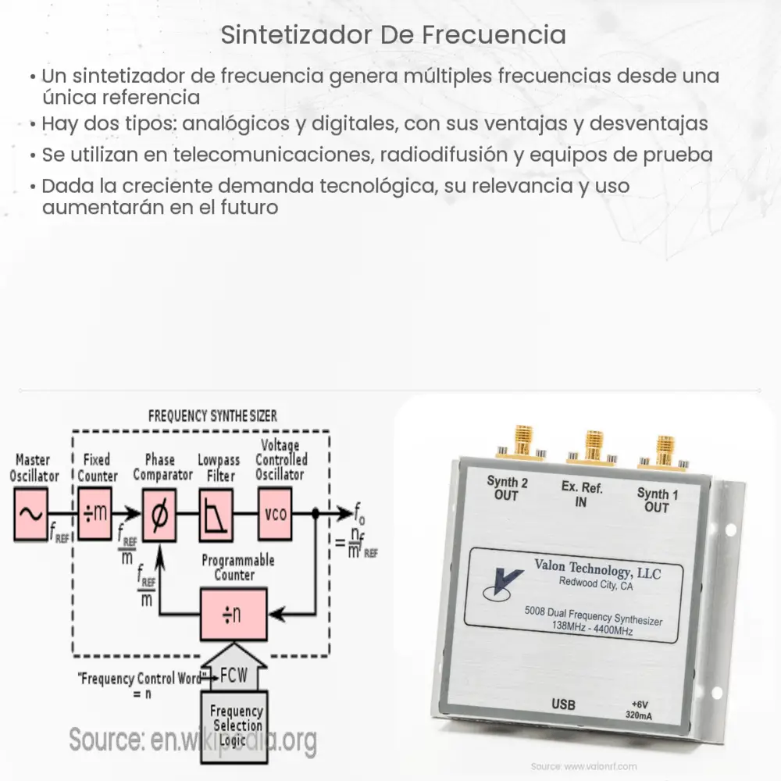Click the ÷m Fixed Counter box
pyautogui.click(x=95, y=514)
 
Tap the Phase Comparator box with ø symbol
pyautogui.click(x=159, y=514)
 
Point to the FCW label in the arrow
pyautogui.click(x=235, y=674)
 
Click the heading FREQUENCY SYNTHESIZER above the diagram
pyautogui.click(x=212, y=415)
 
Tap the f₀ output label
pyautogui.click(x=360, y=515)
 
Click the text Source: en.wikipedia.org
pyautogui.click(x=192, y=739)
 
